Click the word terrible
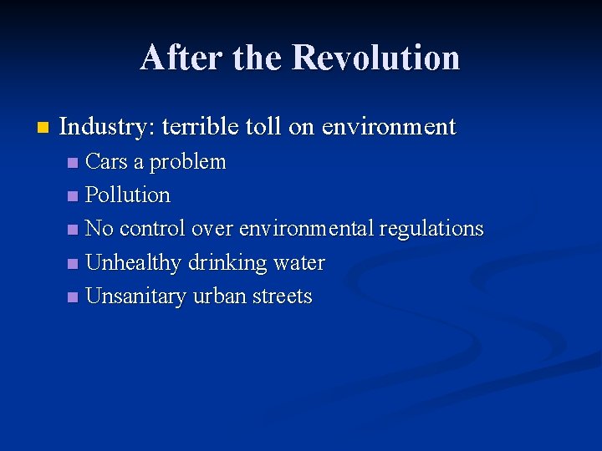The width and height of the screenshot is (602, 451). pos(201,128)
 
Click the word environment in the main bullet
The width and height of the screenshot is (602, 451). pos(388,128)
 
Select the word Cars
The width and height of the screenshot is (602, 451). pos(106,161)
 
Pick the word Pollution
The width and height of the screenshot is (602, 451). pos(128,195)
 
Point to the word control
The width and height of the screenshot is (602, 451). pos(153,229)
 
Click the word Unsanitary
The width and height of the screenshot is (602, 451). pos(136,296)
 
